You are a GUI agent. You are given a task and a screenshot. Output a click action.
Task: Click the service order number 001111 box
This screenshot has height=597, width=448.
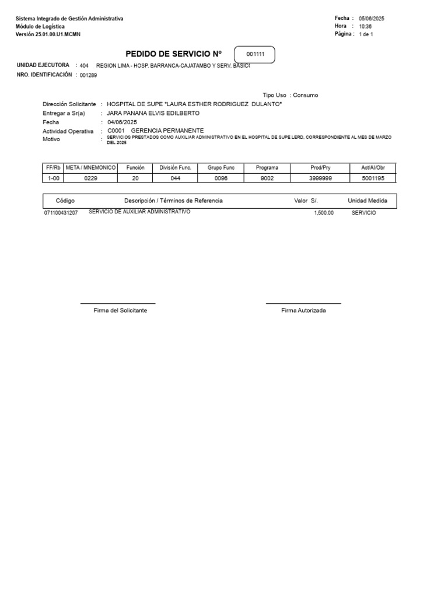pos(254,55)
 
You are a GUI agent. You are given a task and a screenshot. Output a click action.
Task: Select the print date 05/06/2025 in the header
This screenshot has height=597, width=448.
pos(372,19)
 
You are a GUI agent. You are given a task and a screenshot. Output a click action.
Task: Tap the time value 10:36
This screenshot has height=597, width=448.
pos(365,27)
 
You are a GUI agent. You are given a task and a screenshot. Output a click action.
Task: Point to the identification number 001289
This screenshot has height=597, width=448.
pos(89,75)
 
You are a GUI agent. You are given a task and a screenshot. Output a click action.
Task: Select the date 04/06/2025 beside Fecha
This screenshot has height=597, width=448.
pos(121,122)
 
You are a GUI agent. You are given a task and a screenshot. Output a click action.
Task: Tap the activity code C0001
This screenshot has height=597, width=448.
pos(116,131)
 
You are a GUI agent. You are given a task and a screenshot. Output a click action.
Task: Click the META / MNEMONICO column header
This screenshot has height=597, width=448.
pos(91,168)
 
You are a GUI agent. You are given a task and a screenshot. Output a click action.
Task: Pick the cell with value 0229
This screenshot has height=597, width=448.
pos(91,178)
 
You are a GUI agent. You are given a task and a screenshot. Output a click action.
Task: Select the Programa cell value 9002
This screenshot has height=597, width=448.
pos(267,178)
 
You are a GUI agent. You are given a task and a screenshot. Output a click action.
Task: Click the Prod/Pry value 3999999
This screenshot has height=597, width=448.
pos(320,178)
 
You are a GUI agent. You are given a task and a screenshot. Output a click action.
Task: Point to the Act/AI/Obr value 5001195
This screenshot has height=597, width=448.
pos(373,178)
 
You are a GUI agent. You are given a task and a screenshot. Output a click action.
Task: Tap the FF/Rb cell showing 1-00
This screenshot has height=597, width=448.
pos(53,178)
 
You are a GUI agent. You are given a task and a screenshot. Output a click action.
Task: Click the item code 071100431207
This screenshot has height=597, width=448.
pos(61,213)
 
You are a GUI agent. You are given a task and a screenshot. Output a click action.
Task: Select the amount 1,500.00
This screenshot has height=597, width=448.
pos(323,213)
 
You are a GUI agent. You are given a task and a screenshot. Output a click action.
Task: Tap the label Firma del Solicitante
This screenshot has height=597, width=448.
pos(120,311)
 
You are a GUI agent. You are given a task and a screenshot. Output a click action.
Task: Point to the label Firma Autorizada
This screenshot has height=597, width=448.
pos(303,311)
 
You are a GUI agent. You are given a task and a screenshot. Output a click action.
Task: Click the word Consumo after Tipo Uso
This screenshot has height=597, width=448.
pos(306,95)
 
